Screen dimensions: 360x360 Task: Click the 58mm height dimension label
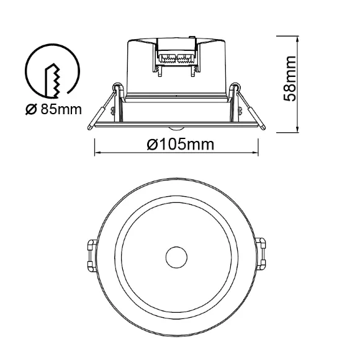point(290,79)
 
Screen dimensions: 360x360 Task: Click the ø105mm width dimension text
point(181,145)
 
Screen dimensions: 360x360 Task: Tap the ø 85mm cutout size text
point(53,109)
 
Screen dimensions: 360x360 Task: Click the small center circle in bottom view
point(176,258)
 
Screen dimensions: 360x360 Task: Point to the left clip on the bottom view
point(92,255)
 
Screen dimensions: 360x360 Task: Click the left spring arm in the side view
point(101,110)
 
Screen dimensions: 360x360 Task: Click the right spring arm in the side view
point(251,110)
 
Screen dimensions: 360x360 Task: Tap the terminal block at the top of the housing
point(176,56)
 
